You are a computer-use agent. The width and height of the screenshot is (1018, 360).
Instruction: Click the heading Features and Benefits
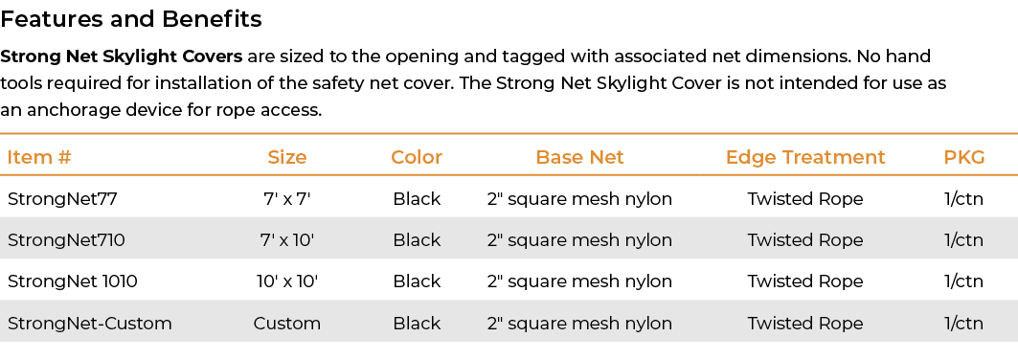pos(131,19)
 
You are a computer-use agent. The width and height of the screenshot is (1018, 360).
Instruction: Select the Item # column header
pos(39,157)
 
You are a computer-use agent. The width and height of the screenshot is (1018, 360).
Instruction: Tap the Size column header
pos(287,157)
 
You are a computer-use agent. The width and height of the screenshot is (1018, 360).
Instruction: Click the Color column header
pos(417,157)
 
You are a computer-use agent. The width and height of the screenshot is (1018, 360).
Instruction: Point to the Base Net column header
pos(579,157)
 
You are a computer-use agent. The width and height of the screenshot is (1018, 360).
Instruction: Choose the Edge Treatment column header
pos(805,157)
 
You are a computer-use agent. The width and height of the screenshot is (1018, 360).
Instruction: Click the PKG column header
pos(964,157)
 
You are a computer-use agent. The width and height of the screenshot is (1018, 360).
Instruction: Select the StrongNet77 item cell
pos(62,199)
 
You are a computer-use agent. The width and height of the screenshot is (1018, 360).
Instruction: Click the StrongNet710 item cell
pos(66,239)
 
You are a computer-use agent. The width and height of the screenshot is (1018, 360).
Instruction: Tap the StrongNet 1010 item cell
pos(73,281)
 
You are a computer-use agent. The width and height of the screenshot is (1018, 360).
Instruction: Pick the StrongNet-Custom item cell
pos(90,324)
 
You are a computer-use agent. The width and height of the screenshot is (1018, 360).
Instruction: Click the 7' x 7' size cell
pos(287,199)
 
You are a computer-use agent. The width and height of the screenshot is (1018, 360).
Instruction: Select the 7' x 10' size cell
pos(287,239)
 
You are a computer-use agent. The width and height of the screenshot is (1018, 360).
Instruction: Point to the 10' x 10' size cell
pos(287,281)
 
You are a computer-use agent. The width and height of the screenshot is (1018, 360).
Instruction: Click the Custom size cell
pos(287,324)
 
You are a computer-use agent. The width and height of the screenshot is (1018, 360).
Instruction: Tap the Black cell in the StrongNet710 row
pos(417,239)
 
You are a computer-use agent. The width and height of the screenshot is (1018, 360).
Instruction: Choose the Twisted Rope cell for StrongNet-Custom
pos(805,324)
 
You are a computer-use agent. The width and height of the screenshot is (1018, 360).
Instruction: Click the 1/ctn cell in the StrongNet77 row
pos(963,199)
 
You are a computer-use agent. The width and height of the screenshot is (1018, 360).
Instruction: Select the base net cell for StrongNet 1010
pos(579,281)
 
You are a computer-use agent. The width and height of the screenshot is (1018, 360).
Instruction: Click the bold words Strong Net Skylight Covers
pos(122,56)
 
